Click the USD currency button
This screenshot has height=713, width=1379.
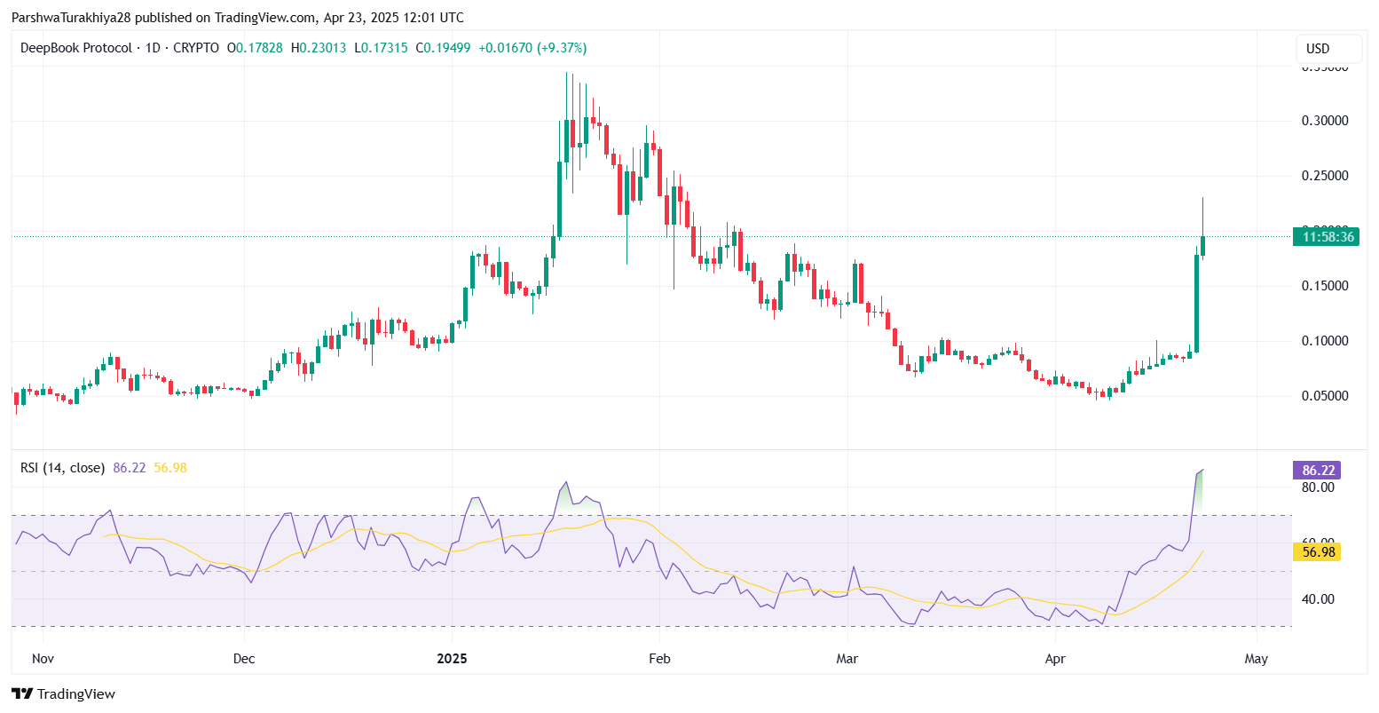1328,48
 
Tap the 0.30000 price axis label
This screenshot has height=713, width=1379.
1325,121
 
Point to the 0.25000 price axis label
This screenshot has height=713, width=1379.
1325,176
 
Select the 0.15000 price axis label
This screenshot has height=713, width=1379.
1325,286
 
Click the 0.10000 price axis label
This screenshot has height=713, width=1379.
1325,341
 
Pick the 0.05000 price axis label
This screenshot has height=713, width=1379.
1325,396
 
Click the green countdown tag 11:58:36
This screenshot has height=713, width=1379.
1326,236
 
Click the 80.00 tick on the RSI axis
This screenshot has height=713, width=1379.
1319,487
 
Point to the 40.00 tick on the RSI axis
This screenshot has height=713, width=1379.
1319,599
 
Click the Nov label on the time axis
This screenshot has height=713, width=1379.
43,659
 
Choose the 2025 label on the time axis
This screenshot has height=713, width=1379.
452,659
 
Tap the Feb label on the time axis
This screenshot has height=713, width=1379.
658,659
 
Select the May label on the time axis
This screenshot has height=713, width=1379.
1257,659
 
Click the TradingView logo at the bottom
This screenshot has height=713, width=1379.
63,693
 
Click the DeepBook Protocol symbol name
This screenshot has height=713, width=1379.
75,48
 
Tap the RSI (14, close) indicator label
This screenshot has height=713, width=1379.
62,468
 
